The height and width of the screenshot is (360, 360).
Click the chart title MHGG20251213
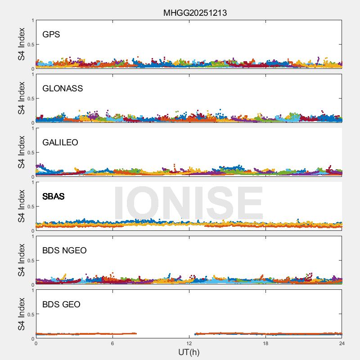coord(195,13)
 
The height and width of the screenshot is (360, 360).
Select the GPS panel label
coord(51,34)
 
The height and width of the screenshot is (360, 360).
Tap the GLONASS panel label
coord(63,88)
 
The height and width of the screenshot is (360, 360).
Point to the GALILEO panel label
coord(60,142)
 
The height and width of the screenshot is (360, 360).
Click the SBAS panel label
coord(54,196)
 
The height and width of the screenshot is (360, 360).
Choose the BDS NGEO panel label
coord(64,250)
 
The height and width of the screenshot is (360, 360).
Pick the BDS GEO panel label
coord(61,304)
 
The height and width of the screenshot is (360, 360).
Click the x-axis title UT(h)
coord(189,352)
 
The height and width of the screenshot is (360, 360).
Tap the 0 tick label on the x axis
coord(36,343)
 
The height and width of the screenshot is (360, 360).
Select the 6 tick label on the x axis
coord(112,343)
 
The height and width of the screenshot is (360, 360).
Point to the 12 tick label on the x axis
coord(189,343)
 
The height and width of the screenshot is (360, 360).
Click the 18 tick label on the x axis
coord(265,343)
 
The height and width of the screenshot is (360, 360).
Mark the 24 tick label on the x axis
coord(342,343)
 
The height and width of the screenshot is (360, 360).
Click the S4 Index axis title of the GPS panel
coord(21,44)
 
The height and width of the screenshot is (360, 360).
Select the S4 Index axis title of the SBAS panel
coord(21,206)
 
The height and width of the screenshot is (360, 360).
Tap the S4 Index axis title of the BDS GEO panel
coord(21,314)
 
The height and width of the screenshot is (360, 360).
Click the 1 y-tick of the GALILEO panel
coord(32,128)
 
